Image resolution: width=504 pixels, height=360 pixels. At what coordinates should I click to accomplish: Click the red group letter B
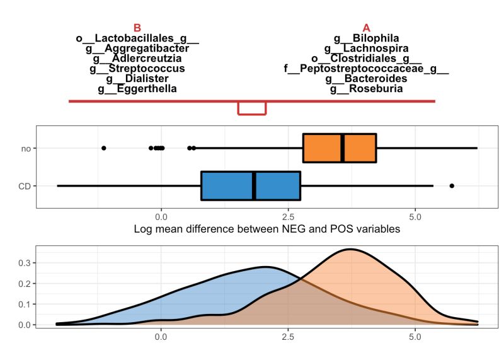click(x=137, y=28)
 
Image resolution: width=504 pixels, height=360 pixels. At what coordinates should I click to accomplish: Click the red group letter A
click(x=367, y=28)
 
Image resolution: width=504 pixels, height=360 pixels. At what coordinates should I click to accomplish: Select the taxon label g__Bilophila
click(x=366, y=38)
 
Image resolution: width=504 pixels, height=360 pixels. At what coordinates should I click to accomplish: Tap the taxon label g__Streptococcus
click(x=137, y=69)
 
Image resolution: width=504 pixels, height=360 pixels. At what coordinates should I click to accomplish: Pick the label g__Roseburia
click(x=366, y=89)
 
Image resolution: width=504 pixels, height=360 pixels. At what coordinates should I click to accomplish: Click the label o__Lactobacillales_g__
click(x=137, y=38)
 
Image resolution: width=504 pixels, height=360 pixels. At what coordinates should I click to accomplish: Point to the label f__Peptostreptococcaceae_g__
click(x=366, y=69)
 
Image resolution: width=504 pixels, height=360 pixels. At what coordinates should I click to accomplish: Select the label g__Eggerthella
click(x=137, y=89)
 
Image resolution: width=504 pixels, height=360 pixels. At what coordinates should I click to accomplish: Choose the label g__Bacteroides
click(x=366, y=79)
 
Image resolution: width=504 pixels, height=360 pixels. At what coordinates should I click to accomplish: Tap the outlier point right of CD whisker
click(x=452, y=185)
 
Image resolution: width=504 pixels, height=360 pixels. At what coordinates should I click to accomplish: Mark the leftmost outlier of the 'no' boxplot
click(x=104, y=148)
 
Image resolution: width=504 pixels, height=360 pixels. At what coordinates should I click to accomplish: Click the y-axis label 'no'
click(x=26, y=148)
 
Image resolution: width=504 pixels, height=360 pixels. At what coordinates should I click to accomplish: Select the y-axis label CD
click(x=25, y=186)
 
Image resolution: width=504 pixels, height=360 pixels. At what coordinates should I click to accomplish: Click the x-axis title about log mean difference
click(x=267, y=229)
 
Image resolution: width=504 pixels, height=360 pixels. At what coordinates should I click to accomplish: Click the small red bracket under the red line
click(x=252, y=109)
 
